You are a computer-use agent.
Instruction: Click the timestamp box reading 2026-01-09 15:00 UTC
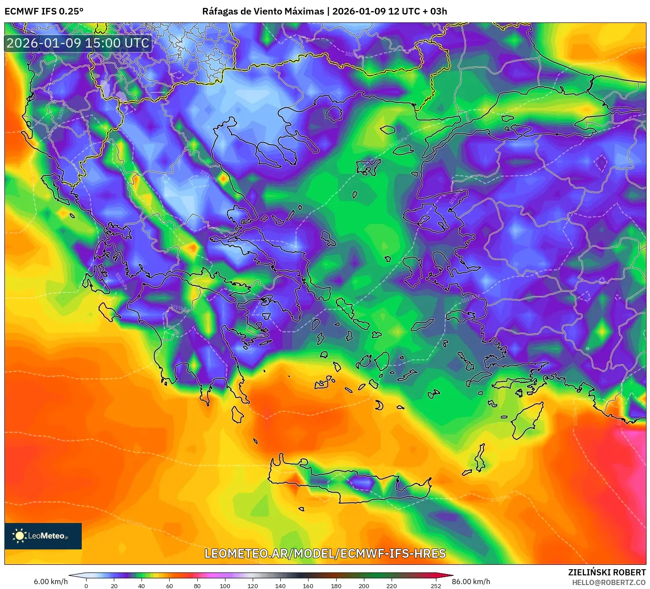click(78, 43)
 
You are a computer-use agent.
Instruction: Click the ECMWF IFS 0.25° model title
click(44, 11)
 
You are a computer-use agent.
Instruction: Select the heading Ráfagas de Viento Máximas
click(263, 11)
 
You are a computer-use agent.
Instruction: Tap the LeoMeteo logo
click(43, 536)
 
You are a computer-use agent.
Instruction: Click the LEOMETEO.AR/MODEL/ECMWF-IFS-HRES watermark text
click(325, 553)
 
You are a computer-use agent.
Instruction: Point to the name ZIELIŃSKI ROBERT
click(607, 572)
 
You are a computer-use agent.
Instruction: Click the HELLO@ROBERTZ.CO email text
click(609, 582)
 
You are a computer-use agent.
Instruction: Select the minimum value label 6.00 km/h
click(51, 582)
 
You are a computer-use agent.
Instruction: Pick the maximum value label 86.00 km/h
click(471, 582)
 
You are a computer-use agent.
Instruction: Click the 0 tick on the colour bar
click(86, 585)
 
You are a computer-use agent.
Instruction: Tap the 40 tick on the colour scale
click(142, 585)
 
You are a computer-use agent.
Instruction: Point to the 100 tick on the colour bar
click(225, 585)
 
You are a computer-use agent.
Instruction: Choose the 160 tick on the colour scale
click(308, 585)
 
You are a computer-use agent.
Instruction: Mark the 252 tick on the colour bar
click(436, 585)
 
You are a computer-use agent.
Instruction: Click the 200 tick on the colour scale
click(364, 585)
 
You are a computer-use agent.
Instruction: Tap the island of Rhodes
click(527, 420)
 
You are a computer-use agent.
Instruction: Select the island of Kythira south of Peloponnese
click(238, 414)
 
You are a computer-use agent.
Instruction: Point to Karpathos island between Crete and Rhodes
click(480, 458)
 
